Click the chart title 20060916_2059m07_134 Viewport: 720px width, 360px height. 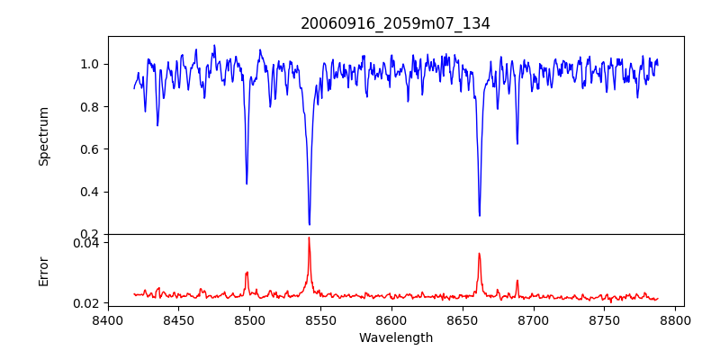click(395, 23)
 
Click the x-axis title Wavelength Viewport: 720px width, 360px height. click(395, 337)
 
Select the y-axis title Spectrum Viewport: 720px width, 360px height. click(43, 136)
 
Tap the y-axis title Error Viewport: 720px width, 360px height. click(43, 271)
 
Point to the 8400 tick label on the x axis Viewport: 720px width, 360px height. click(108, 319)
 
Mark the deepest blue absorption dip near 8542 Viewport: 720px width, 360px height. click(309, 224)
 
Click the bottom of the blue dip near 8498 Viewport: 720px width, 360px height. click(247, 184)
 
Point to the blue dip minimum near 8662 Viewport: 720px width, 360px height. click(479, 215)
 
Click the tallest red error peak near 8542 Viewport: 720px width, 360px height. click(309, 238)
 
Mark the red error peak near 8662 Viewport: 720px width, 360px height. click(479, 253)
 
